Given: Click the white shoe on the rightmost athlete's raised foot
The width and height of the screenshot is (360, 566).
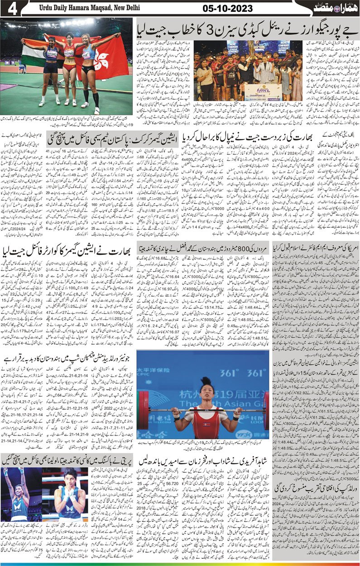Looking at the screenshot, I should (x=97, y=111).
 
